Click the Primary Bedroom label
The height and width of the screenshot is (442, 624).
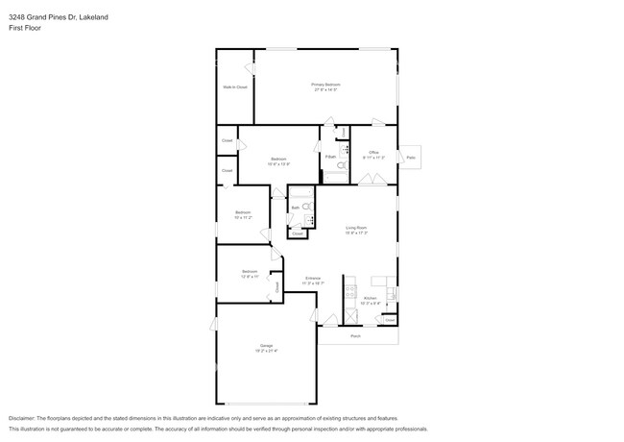[x=326, y=85]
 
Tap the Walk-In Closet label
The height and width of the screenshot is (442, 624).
[x=235, y=87]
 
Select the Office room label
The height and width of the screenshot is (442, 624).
[x=374, y=153]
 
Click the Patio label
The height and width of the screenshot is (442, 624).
[x=411, y=157]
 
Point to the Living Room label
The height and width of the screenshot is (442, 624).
[x=357, y=228]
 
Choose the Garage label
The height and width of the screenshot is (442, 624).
[x=266, y=345]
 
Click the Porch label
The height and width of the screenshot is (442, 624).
[x=355, y=336]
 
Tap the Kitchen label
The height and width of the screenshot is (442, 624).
[x=371, y=299]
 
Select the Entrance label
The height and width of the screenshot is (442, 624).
[x=313, y=279]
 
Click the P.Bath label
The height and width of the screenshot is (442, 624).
[x=329, y=156]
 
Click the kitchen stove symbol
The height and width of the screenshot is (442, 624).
[x=351, y=288]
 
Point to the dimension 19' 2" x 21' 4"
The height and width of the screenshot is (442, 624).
[x=266, y=351]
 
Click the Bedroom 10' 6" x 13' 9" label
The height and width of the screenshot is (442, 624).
[x=278, y=159]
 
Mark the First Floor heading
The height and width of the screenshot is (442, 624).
[x=25, y=28]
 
